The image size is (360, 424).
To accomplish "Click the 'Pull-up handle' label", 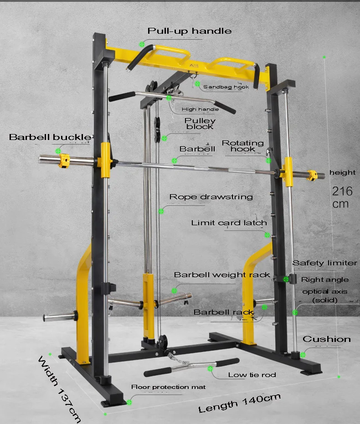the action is coord(189,31).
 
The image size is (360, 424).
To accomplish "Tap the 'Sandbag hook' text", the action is coord(226,87).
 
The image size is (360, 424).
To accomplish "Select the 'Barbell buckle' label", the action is coord(50,137).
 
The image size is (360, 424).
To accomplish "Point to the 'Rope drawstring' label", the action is coord(211,197).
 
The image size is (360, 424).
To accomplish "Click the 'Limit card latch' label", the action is coord(229,223).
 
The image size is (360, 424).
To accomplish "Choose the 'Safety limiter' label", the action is coord(324,263).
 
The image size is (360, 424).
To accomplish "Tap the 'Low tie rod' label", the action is coord(252,375).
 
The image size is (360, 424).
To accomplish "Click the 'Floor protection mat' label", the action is coord(168,387).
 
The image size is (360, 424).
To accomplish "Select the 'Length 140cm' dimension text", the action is coord(239,402).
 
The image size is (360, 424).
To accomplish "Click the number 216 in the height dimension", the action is coord(342,191).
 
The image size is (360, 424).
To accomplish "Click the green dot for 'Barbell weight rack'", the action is coord(174,290).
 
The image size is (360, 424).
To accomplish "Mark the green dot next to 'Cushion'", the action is coord(303,354).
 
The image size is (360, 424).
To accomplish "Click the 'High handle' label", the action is coord(200,109).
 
